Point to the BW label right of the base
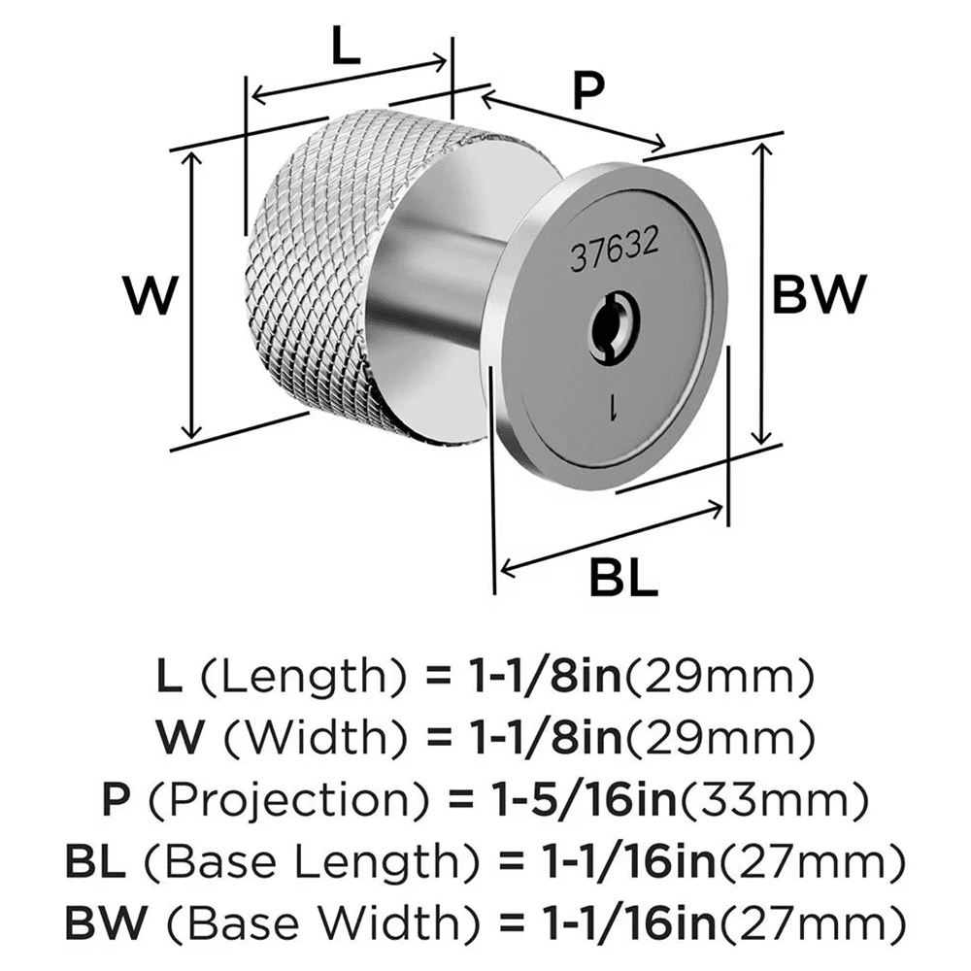coord(818,294)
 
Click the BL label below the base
coord(622,580)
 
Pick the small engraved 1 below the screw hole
coord(614,407)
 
